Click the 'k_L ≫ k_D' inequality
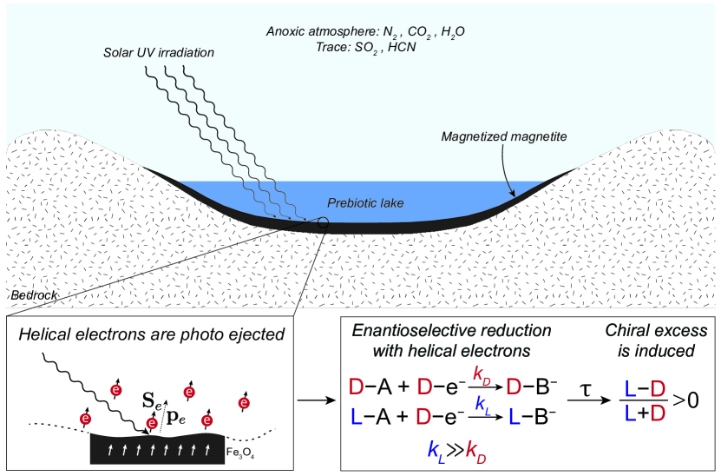[457, 450]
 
